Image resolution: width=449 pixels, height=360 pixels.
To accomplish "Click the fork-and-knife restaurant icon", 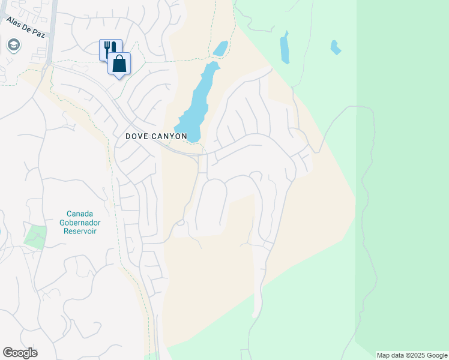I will (110, 49).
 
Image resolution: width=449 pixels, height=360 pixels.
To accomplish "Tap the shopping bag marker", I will (119, 63).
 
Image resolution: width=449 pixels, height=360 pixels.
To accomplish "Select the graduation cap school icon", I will (13, 45).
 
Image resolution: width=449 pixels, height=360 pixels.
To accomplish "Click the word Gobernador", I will (84, 223).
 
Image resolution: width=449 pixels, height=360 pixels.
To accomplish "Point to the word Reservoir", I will (84, 232).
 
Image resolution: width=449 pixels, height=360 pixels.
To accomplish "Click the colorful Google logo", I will (20, 353).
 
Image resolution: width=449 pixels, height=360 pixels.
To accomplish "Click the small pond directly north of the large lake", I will (221, 48).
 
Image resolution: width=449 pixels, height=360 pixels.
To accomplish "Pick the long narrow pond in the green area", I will (285, 48).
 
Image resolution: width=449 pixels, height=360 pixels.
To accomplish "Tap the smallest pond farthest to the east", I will (335, 47).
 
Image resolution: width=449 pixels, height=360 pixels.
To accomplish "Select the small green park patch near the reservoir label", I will (36, 235).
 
